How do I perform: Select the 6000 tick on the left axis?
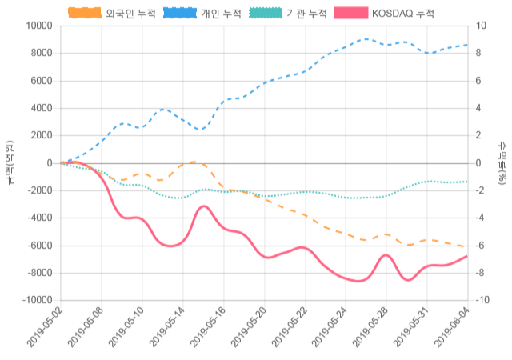pos(40,81)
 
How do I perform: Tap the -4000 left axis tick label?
pos(37,218)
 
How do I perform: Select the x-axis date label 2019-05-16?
pos(210,330)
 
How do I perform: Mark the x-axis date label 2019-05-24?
pos(331,330)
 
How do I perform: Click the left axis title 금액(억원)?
pos(10,163)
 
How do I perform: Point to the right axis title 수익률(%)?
pos(502,163)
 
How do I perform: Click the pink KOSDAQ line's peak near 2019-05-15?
pos(204,206)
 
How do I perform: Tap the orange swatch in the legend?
pos(84,14)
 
